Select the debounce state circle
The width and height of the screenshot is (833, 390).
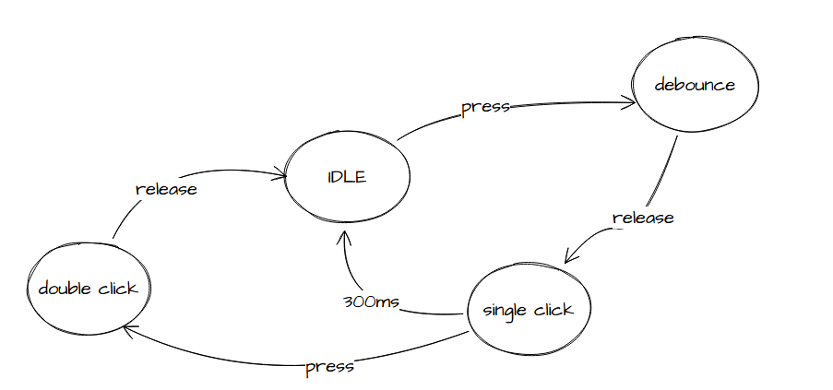695,86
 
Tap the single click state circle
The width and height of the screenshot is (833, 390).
529,310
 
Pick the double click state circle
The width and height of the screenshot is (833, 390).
89,289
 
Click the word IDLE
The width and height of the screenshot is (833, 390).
347,178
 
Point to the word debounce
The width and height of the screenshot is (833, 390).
695,85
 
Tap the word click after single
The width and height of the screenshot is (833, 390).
553,310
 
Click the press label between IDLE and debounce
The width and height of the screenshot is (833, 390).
485,106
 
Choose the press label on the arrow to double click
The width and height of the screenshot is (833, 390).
329,367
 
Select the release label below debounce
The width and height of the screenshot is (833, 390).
643,219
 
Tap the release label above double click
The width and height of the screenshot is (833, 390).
166,189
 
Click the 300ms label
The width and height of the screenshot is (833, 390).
370,302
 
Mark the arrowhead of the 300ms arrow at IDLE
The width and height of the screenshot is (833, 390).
343,234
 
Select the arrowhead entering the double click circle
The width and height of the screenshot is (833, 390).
129,328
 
